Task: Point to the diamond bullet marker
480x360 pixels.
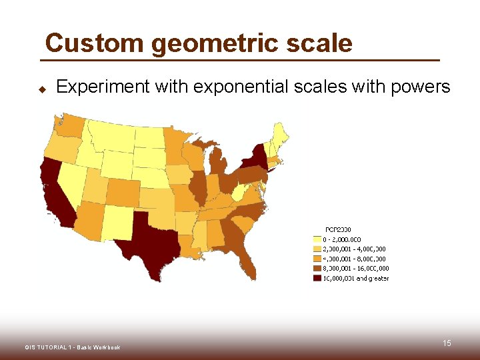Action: [x=41, y=88]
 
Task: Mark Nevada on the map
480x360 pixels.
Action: [x=73, y=180]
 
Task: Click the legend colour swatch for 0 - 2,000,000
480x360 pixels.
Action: [x=317, y=239]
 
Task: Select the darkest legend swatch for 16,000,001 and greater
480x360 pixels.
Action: [x=317, y=278]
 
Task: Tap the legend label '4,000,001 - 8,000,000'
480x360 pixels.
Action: [x=354, y=259]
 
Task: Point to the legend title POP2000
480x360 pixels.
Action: [x=338, y=230]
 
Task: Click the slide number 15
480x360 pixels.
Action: [x=447, y=343]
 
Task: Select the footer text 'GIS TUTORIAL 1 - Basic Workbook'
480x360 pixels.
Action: [x=72, y=347]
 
